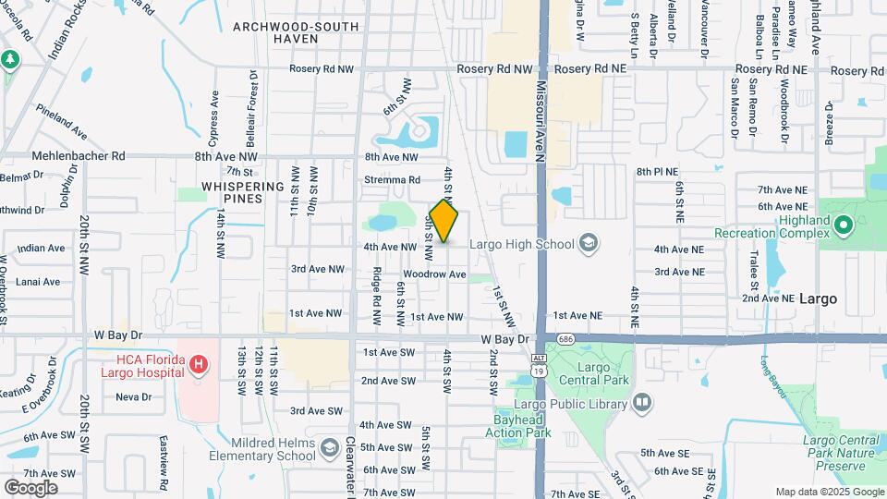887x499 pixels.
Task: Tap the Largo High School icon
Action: [587, 244]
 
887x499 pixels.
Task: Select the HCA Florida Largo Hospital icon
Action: [197, 366]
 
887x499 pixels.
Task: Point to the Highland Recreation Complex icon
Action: [842, 225]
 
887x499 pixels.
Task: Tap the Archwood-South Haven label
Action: [296, 34]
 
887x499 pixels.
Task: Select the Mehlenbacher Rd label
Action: [79, 157]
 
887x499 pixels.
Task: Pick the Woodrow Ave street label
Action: [434, 274]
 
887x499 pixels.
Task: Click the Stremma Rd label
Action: [393, 180]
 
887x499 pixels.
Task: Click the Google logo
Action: [30, 487]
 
